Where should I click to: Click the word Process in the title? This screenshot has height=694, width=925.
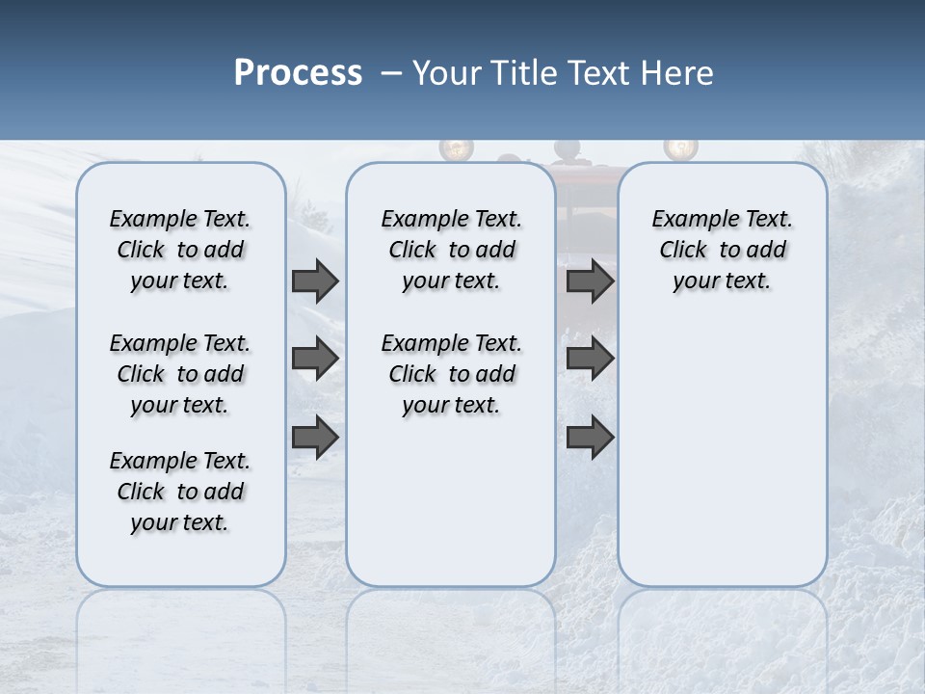point(298,72)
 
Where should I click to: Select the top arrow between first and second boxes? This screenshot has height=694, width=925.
point(315,280)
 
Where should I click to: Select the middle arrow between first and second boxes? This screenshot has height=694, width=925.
point(315,359)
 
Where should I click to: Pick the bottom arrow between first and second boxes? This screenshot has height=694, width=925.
point(315,437)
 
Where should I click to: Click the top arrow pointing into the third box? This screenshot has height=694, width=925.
point(590,280)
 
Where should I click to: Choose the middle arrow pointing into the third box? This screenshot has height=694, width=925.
point(590,359)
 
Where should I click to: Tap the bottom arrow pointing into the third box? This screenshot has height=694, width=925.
point(590,437)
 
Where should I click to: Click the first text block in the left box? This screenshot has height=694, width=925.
point(180,250)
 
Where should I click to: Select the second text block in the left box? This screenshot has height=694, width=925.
point(180,374)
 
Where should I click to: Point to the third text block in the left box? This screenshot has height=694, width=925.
point(180,492)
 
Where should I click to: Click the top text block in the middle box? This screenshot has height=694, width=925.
point(451,250)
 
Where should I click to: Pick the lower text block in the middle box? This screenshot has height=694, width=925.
point(451,374)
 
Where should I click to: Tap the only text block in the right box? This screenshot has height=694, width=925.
point(722,250)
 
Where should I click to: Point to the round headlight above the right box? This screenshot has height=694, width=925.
point(680,147)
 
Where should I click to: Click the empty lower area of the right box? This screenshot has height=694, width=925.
point(722,463)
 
